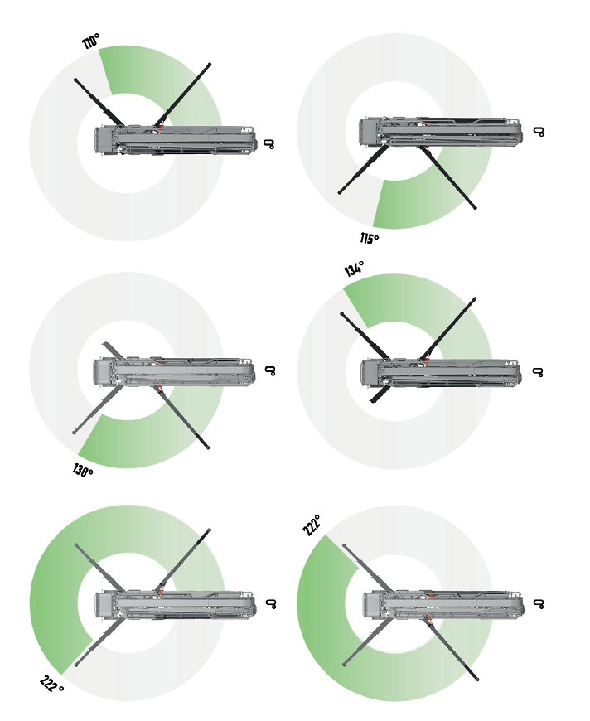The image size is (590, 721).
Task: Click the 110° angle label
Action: tap(90, 41)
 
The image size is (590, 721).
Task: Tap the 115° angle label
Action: tap(370, 238)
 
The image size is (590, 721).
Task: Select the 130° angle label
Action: tap(83, 471)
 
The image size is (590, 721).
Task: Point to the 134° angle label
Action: tap(354, 269)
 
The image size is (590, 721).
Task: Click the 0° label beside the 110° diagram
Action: tap(269, 144)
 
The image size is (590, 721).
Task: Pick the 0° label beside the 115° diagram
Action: tap(539, 132)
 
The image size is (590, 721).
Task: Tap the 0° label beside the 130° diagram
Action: tap(270, 370)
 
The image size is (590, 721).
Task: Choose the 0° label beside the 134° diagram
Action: tap(538, 371)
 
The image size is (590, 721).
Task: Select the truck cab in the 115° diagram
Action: tap(369, 133)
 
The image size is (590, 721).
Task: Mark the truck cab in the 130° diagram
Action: tap(103, 372)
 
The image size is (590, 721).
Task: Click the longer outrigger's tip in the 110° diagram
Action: tap(210, 65)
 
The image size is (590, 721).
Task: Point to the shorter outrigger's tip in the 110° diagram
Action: tap(76, 80)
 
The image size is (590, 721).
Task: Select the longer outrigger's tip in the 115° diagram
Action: tap(475, 207)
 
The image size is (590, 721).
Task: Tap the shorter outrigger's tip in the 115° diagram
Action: tap(340, 192)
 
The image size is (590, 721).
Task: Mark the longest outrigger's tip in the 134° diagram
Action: tap(474, 299)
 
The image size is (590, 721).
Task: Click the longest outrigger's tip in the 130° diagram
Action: tap(208, 447)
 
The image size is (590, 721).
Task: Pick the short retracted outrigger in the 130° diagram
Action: tap(114, 351)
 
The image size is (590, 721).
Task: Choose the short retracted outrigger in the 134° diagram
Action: tap(380, 394)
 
